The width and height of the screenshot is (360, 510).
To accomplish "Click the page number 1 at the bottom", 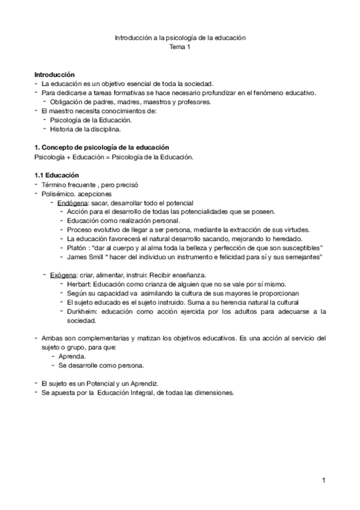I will (323, 480).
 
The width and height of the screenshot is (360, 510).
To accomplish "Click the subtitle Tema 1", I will (180, 47).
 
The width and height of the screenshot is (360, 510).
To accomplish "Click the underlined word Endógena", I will (70, 203).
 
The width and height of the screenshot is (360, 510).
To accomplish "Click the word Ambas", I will (53, 338).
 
